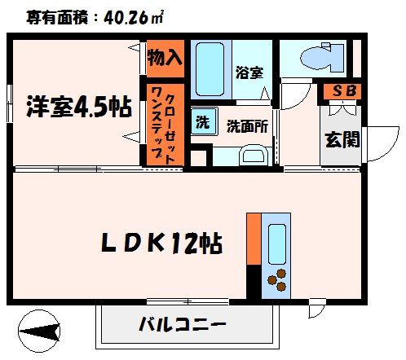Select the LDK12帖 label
[163, 242]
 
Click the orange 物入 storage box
[165, 58]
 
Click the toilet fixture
[313, 56]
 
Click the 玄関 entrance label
[342, 139]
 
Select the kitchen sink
[276, 242]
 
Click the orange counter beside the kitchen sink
[254, 239]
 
